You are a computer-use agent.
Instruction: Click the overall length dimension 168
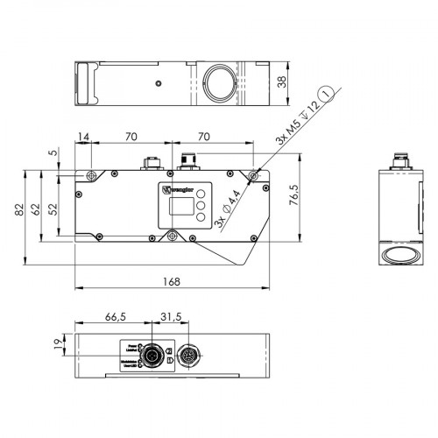pos(172,281)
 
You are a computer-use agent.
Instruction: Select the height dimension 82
pos(20,210)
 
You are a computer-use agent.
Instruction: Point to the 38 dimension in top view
pos(281,81)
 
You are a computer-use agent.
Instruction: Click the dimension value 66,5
pos(115,316)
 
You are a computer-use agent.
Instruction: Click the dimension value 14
pos(84,137)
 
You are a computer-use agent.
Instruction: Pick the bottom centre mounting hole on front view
pos(173,235)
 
